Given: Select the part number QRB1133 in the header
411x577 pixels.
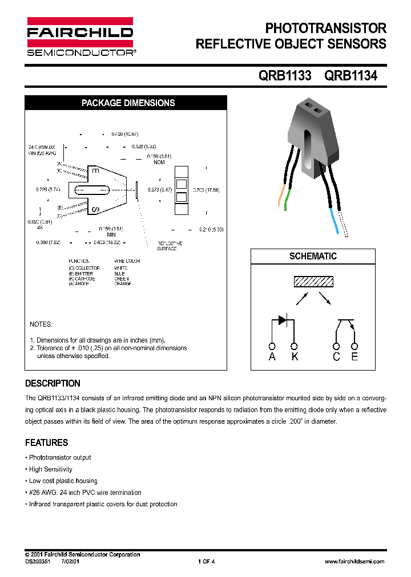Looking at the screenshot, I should [x=285, y=75].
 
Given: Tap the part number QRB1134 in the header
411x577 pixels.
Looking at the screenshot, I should [x=350, y=75].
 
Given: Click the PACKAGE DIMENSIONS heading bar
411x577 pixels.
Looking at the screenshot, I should [x=128, y=103].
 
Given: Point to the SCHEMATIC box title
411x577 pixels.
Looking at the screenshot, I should [x=313, y=257].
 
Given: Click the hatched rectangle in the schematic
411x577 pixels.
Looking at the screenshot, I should [x=313, y=282].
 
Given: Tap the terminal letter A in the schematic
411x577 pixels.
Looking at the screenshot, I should [x=272, y=357].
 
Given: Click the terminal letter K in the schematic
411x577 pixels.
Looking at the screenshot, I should [x=295, y=357].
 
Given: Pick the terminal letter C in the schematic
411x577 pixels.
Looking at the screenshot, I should [x=336, y=357].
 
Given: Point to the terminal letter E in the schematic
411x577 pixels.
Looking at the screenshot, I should [x=354, y=357].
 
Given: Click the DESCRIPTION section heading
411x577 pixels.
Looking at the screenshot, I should [x=53, y=383].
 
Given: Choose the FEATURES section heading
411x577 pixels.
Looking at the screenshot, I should [x=46, y=442].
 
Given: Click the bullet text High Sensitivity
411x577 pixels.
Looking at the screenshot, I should [x=51, y=469].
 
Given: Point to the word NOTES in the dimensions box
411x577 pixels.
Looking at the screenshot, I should [x=41, y=324].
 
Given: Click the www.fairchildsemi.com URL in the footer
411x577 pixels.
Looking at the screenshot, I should [x=354, y=562].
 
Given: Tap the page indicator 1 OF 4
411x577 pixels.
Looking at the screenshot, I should [x=206, y=562].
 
